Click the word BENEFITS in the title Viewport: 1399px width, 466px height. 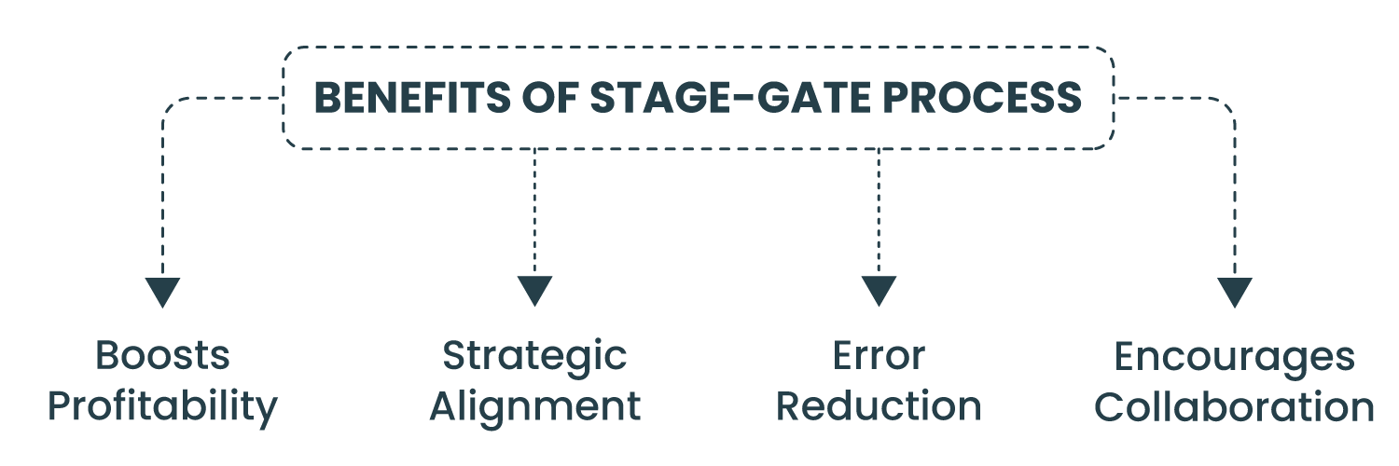click(x=412, y=98)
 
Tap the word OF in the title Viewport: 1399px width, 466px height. click(x=550, y=98)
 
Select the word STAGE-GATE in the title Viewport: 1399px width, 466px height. click(x=730, y=98)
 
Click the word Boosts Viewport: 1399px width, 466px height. click(x=162, y=356)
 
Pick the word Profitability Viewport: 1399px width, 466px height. click(x=162, y=406)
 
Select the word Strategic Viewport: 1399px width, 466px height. click(x=534, y=357)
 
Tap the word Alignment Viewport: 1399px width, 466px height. click(x=535, y=406)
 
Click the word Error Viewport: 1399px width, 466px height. click(x=879, y=356)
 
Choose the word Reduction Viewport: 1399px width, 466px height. click(x=879, y=406)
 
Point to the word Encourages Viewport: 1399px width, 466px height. click(x=1234, y=358)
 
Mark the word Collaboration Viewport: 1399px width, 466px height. click(x=1234, y=406)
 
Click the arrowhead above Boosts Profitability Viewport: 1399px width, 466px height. click(x=162, y=293)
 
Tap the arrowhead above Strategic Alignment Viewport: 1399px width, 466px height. click(x=534, y=291)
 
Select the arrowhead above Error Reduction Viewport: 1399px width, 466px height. click(x=879, y=291)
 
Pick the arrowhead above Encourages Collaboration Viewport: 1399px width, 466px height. click(x=1235, y=293)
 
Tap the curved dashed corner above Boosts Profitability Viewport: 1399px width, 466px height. click(x=171, y=105)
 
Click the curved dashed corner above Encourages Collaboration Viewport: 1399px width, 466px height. click(x=1226, y=105)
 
